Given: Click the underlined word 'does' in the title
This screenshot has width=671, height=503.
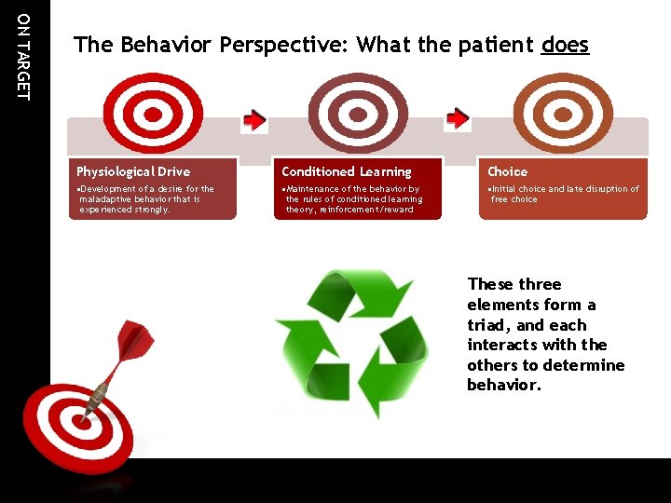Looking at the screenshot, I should click(x=565, y=45).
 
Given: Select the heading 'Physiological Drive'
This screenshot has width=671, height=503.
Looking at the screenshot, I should click(x=133, y=171).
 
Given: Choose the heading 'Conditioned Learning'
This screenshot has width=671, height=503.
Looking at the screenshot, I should click(x=346, y=171).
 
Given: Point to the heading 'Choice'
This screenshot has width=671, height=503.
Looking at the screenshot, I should click(x=507, y=171).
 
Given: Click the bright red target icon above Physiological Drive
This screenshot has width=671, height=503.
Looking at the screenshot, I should click(x=150, y=113).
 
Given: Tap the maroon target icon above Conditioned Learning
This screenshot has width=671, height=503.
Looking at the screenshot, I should click(x=357, y=113).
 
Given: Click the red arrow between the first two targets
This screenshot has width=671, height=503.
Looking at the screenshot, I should click(x=254, y=119).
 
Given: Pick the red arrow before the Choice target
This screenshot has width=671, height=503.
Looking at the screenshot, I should click(x=458, y=118).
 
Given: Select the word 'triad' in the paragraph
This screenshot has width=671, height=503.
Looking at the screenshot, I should click(x=489, y=325).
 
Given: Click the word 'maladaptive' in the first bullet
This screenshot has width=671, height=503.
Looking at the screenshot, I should click(x=109, y=199).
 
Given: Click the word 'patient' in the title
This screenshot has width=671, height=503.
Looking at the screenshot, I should click(x=499, y=45).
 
